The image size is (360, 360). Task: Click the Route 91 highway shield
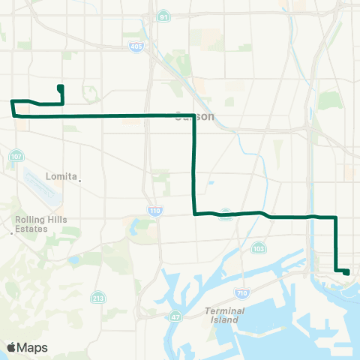click(162, 15)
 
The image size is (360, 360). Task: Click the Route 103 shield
click(259, 247)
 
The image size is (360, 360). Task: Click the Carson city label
click(194, 117)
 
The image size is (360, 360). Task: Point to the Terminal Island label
click(223, 315)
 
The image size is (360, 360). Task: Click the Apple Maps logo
click(27, 347)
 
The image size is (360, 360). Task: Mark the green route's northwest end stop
click(60, 88)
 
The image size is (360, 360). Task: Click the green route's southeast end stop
click(346, 272)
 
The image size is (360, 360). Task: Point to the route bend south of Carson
click(195, 214)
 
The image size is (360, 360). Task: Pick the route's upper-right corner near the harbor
click(335, 217)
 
